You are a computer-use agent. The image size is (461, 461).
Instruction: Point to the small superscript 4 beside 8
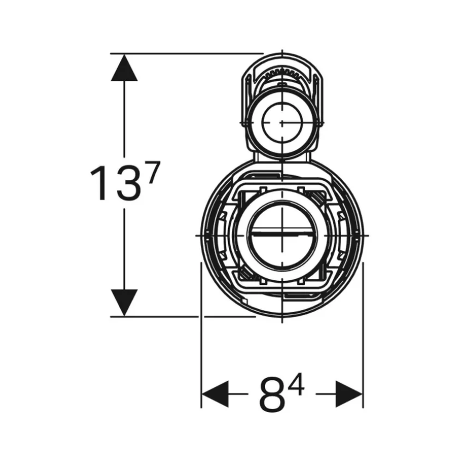[296, 384]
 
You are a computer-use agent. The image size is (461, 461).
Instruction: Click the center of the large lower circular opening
[282, 235]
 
